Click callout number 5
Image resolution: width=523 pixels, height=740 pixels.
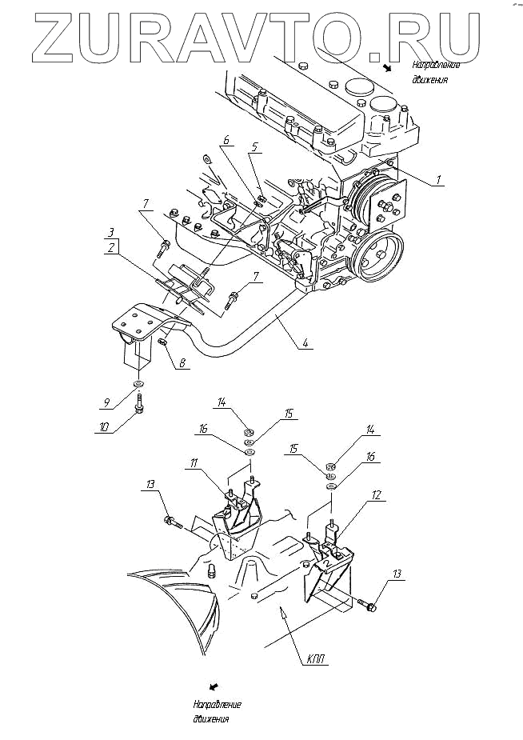[x=254, y=146]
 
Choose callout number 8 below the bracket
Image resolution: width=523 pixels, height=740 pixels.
[x=182, y=362]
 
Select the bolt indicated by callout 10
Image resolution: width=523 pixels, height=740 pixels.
[x=139, y=402]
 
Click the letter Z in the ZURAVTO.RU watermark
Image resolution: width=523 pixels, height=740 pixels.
[x=56, y=34]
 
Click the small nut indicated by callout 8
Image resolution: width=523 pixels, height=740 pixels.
[x=162, y=342]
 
